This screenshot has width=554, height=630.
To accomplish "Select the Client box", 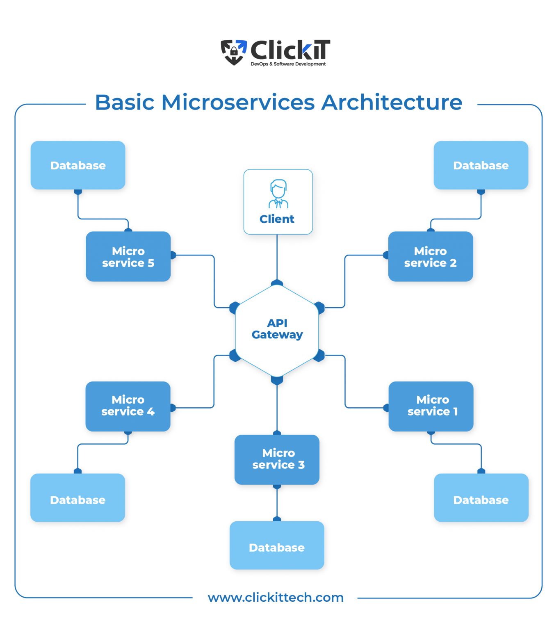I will pos(278,202).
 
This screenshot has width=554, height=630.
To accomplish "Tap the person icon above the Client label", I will pos(278,194).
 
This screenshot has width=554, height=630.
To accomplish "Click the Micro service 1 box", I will pos(431,406).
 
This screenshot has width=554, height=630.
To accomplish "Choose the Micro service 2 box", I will pos(430,256).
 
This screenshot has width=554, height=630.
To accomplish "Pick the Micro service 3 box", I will pos(277,459).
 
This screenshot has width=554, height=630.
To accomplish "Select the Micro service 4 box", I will pos(128,406).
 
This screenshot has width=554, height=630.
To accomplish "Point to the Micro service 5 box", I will pos(128,256).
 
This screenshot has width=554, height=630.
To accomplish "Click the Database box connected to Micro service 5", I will pos(78,165).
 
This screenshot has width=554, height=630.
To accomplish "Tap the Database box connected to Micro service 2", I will pos(481,165).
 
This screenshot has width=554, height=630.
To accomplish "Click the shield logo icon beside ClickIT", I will pos(234,52).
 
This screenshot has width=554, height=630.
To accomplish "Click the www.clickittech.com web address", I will pos(276,598).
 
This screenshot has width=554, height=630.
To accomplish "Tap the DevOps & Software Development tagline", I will pos(288,64).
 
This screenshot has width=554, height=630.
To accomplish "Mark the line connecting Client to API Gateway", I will pos(277,257).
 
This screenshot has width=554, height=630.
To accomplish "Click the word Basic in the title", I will pos(125,103).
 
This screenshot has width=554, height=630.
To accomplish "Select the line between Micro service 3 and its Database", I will pos(277,503).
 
